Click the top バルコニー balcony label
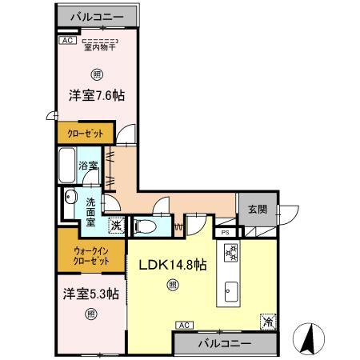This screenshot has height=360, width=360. click(x=95, y=16)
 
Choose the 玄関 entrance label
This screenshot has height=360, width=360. click(x=257, y=210)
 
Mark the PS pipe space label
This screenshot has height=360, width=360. click(x=226, y=233)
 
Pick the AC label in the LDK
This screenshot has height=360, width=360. click(x=182, y=324)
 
